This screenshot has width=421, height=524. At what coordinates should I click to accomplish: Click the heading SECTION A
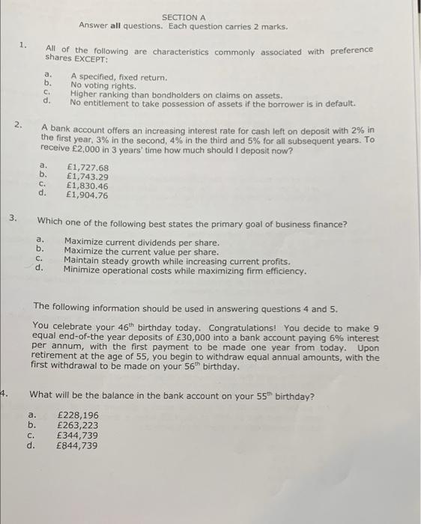point(183,17)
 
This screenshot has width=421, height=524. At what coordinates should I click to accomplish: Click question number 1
point(23,45)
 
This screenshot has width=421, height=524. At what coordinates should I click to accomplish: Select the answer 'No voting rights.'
point(103,85)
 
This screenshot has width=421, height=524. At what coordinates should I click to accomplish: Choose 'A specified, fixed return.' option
point(118,77)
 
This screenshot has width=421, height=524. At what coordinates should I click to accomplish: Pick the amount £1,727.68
point(88,168)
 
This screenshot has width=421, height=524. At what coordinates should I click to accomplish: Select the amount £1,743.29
point(88,177)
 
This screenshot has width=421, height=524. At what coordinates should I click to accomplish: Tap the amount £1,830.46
point(88,186)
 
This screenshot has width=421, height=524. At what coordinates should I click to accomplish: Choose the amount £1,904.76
point(88,195)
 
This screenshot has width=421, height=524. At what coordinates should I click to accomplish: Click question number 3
point(13,219)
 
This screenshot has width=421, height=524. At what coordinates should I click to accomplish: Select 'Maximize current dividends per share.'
point(142,243)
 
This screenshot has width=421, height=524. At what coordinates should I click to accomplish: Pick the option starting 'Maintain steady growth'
point(177,261)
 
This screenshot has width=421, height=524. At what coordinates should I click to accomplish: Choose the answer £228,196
point(77,415)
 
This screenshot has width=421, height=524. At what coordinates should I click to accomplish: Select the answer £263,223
point(77,424)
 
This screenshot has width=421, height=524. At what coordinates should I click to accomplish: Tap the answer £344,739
point(77,435)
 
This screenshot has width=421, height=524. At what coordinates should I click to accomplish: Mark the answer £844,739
point(77,445)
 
